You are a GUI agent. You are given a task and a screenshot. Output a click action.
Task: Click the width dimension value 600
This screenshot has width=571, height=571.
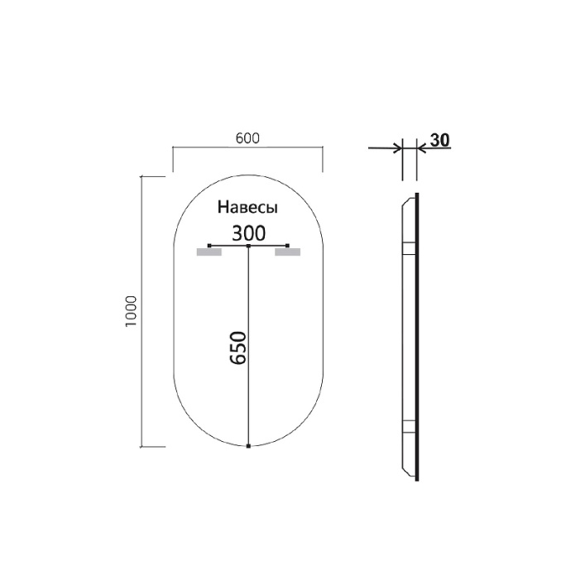pos(247,137)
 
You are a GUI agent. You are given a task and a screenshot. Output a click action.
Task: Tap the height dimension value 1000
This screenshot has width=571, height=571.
pos(129,311)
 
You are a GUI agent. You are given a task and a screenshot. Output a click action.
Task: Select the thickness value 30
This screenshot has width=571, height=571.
pos(439,139)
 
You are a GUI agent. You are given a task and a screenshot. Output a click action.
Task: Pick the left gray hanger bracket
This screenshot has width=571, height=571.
pos(209,252)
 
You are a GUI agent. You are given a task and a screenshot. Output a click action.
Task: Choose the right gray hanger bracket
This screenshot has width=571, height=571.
pos(287,252)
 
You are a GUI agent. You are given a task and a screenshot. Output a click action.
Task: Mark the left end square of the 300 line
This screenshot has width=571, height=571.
pos(210,246)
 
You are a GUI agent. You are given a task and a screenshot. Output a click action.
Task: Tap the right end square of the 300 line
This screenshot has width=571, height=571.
pos(287,246)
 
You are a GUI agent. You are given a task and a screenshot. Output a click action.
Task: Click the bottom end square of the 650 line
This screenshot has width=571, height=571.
pos(249,446)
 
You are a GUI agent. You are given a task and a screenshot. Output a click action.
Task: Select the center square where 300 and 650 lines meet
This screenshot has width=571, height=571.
pos(249,246)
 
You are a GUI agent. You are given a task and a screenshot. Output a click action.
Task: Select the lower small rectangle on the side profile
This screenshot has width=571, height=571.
pos(408,428)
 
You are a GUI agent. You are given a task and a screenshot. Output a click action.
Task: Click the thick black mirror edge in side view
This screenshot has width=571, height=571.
pos(417,339)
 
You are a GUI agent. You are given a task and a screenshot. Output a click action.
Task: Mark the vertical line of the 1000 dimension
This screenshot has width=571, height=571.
pos(142,311)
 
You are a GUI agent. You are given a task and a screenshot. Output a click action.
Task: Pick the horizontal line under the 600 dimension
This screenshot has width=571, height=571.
pos(247,147)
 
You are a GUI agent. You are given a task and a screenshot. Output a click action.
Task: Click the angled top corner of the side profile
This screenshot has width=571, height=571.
pos(406,199)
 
